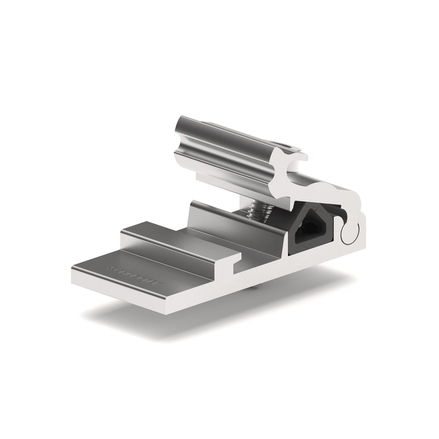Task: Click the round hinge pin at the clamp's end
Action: click(348, 233)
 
